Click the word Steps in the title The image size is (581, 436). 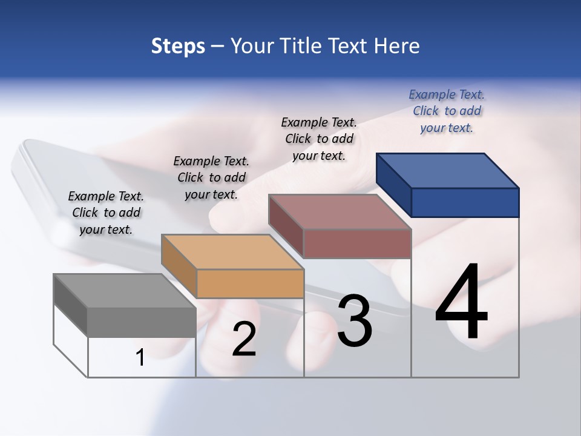click(178, 47)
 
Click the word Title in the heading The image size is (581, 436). click(303, 46)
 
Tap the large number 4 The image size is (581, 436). click(461, 302)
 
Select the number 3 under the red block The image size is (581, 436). click(354, 321)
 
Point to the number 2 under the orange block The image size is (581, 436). click(244, 340)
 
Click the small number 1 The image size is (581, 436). click(140, 358)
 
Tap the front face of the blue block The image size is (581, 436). click(465, 202)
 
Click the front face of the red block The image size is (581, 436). click(357, 243)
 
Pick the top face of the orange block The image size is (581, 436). click(232, 251)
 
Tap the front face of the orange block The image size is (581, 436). click(250, 283)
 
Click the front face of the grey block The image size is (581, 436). click(142, 322)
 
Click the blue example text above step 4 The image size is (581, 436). click(447, 111)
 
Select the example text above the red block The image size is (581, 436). click(319, 139)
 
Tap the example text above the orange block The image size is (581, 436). click(211, 177)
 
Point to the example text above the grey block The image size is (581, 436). click(106, 213)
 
